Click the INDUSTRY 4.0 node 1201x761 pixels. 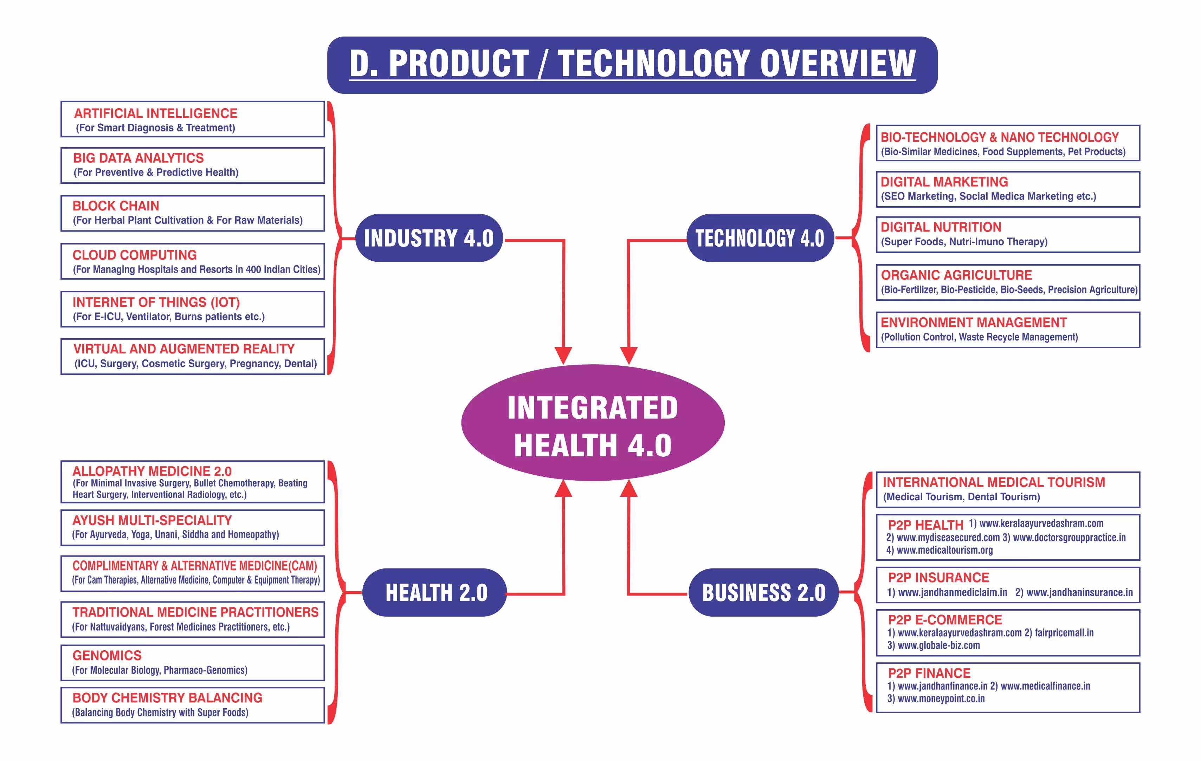pyautogui.click(x=429, y=238)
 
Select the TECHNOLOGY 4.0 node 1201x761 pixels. pyautogui.click(x=760, y=238)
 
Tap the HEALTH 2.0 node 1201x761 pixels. pyautogui.click(x=434, y=592)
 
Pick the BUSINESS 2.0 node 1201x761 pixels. pyautogui.click(x=764, y=592)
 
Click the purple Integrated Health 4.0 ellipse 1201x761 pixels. pyautogui.click(x=593, y=423)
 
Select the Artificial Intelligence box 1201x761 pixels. pyautogui.click(x=193, y=119)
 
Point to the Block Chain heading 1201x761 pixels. pyautogui.click(x=116, y=206)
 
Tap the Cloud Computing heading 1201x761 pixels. pyautogui.click(x=135, y=255)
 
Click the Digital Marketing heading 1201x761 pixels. pyautogui.click(x=944, y=182)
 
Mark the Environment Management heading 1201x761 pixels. pyautogui.click(x=974, y=323)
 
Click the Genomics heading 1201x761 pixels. pyautogui.click(x=107, y=655)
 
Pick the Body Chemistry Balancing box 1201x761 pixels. pyautogui.click(x=193, y=705)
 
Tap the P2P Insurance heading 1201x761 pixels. pyautogui.click(x=938, y=578)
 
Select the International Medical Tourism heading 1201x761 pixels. pyautogui.click(x=994, y=482)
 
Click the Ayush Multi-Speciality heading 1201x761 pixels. pyautogui.click(x=152, y=520)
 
